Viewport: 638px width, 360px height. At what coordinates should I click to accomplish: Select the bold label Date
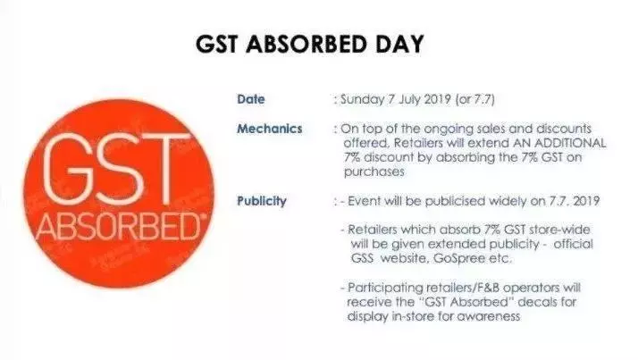click(251, 99)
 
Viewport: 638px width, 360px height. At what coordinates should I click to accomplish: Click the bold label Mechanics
click(270, 129)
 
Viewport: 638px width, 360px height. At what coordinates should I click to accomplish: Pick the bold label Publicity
click(262, 201)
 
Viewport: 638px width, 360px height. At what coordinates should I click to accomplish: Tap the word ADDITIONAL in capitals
click(570, 143)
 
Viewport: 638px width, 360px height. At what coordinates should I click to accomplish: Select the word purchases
click(374, 172)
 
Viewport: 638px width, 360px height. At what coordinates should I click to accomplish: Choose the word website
click(404, 258)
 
